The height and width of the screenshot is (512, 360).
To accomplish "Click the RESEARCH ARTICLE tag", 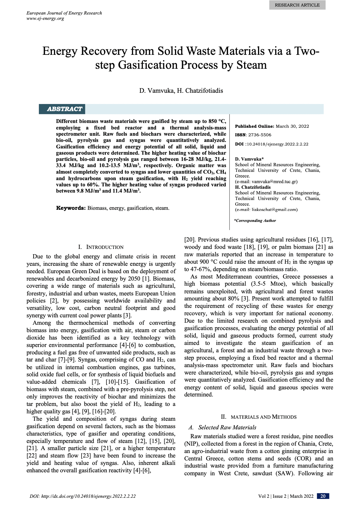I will pos(297,5).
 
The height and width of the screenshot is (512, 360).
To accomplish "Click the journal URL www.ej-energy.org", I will pos(45,18).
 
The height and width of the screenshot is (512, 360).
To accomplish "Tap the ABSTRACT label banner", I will pos(64,109).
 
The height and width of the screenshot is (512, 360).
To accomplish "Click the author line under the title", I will pos(181,91).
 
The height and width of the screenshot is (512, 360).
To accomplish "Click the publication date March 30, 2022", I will pos(292,126).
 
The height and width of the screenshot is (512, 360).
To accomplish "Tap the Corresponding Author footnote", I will pos(255,220).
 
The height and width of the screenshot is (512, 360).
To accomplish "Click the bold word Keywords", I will pos(71,208).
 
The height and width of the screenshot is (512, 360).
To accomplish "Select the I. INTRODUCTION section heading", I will pos(101,247).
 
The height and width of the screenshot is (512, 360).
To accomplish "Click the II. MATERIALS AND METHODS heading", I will pos(258,417).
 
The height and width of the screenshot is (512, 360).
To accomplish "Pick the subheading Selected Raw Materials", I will pos(227,427).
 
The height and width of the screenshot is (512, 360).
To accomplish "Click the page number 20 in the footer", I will pos(323,496).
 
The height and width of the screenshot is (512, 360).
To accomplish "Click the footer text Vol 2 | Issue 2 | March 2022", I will pos(286,496).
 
